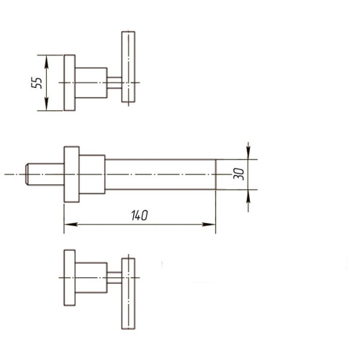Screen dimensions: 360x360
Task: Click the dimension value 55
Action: point(35,82)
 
